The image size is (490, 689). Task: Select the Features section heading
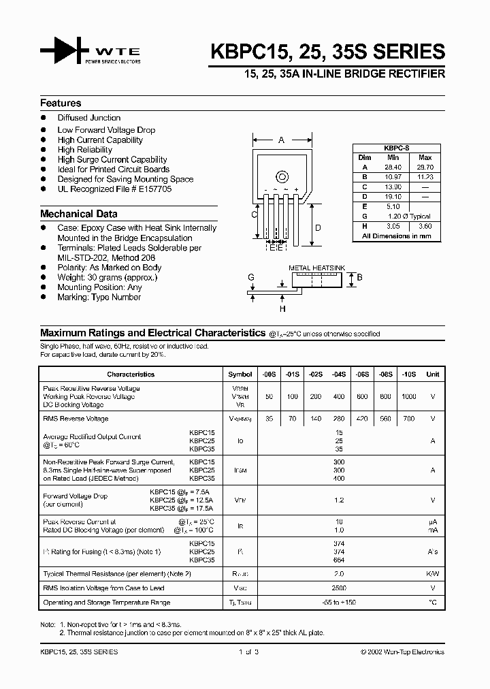pyautogui.click(x=61, y=103)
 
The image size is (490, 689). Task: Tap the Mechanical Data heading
pyautogui.click(x=78, y=214)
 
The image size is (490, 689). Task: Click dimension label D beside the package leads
pyautogui.click(x=318, y=228)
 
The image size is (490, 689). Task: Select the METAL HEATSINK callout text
pyautogui.click(x=318, y=268)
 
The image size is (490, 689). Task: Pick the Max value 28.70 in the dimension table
pyautogui.click(x=425, y=167)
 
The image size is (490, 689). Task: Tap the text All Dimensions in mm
pyautogui.click(x=397, y=236)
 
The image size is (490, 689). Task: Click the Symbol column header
pyautogui.click(x=240, y=374)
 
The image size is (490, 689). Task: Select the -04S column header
pyautogui.click(x=338, y=374)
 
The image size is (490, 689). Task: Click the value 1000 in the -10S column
pyautogui.click(x=409, y=396)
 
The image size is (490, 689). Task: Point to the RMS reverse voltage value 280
pyautogui.click(x=338, y=419)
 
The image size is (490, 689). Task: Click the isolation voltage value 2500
pyautogui.click(x=338, y=588)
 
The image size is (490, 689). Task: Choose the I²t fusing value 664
pyautogui.click(x=338, y=560)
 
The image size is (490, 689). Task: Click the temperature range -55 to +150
pyautogui.click(x=338, y=603)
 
